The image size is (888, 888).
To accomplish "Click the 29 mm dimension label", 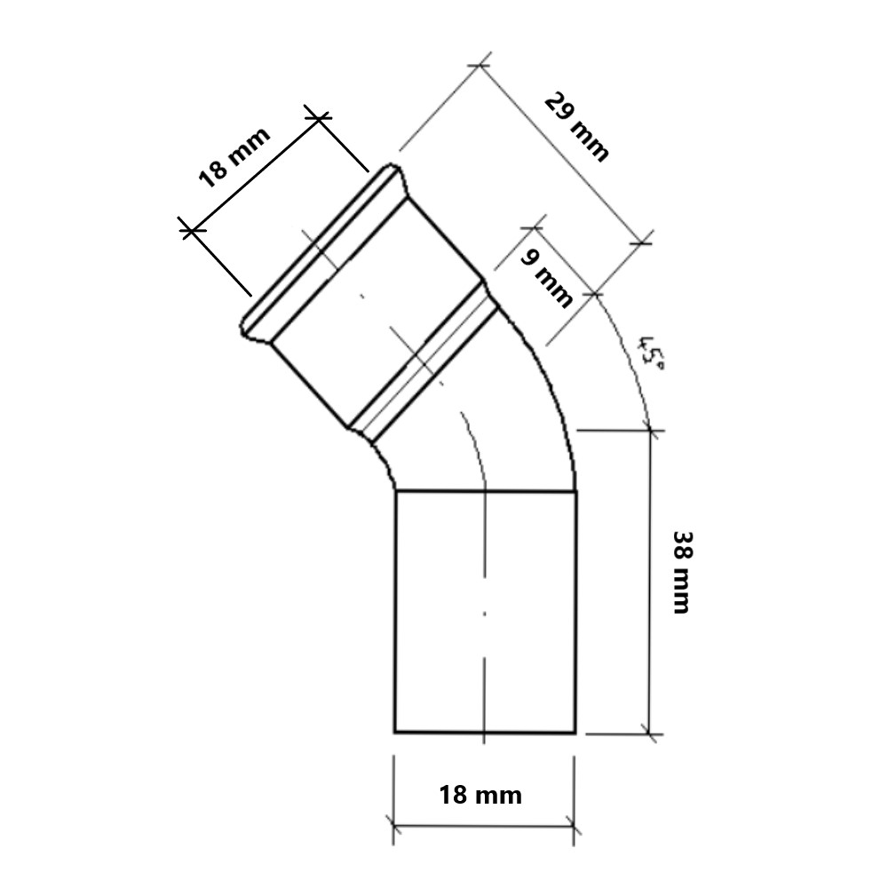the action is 576,127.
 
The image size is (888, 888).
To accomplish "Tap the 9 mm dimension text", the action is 546,278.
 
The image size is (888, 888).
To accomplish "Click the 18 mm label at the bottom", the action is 480,795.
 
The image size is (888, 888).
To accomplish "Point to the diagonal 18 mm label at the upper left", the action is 234,157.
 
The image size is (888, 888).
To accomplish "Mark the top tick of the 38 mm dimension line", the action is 650,431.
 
